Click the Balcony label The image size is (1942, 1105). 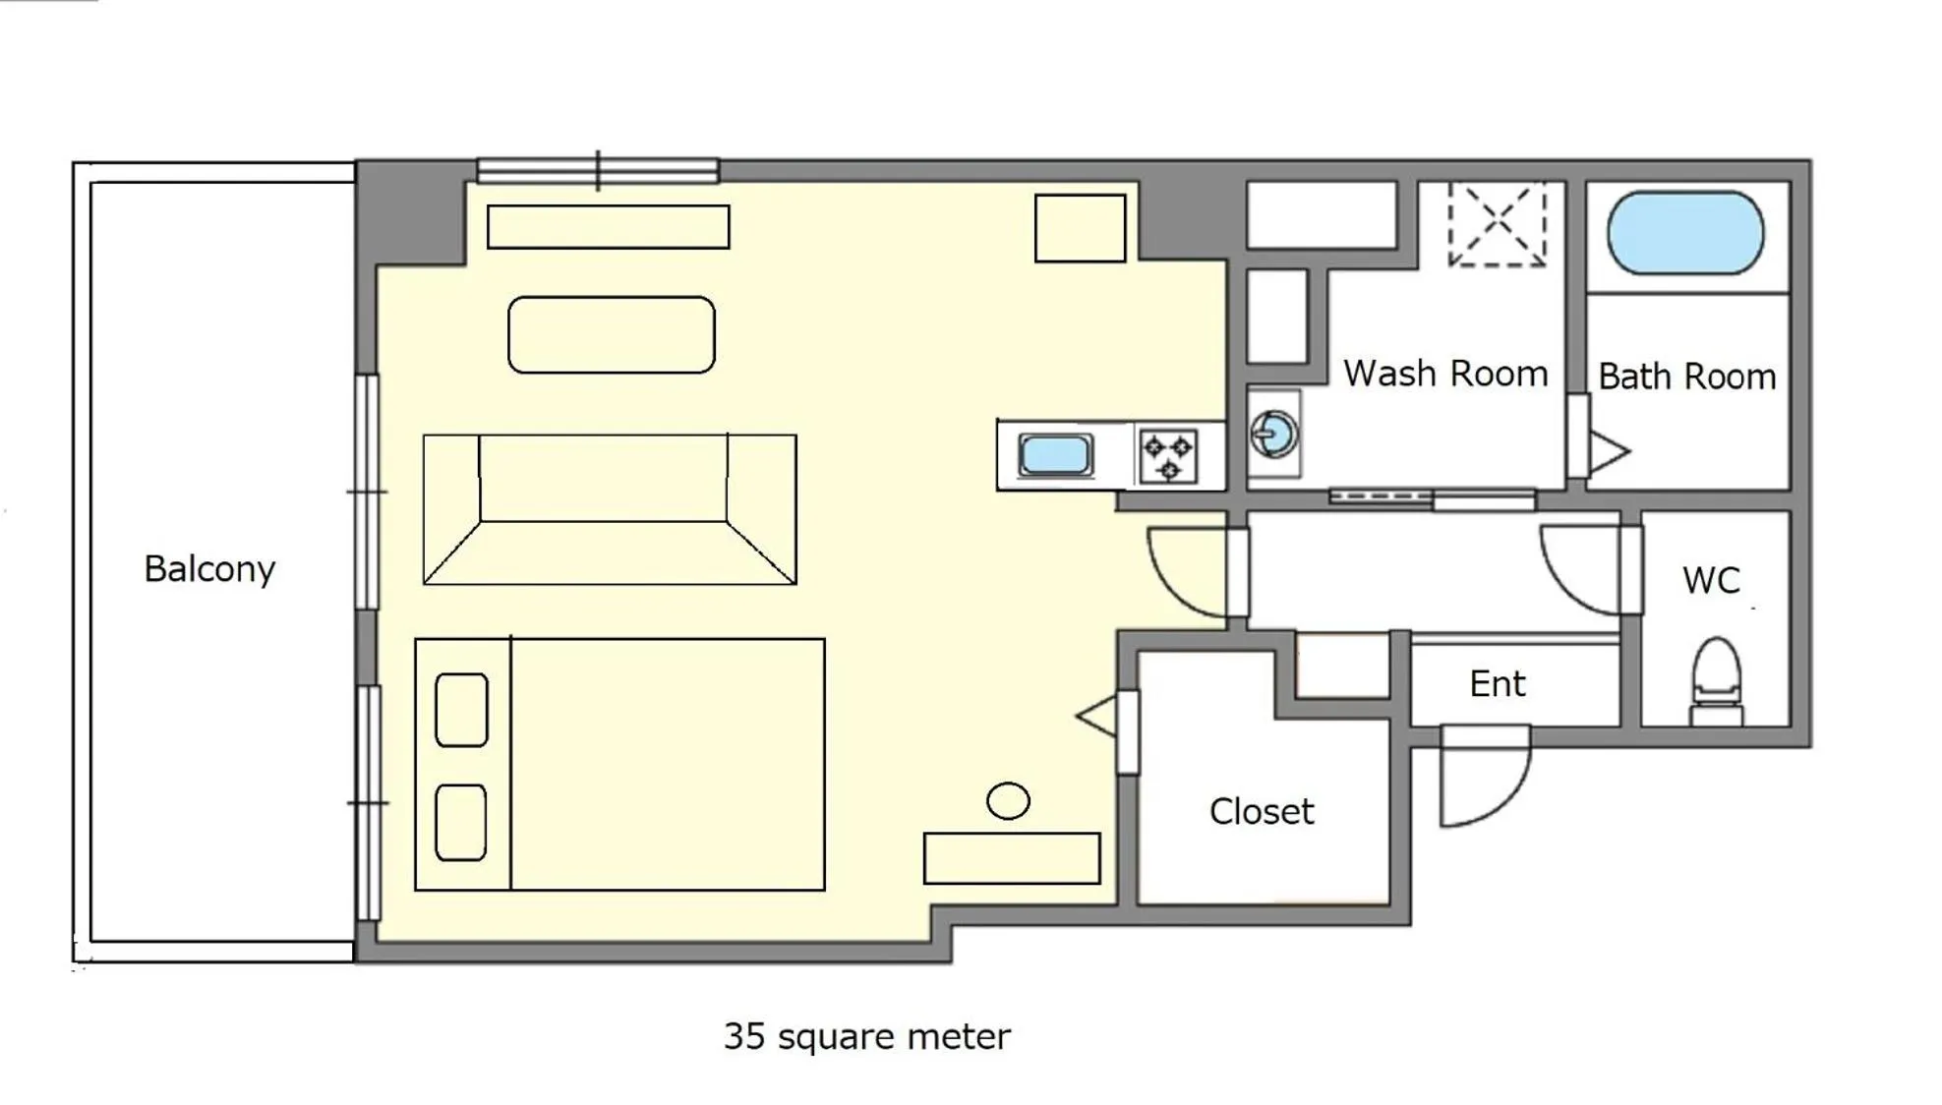pyautogui.click(x=209, y=569)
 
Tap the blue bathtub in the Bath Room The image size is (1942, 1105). pyautogui.click(x=1684, y=233)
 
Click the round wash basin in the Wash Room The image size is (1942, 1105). pyautogui.click(x=1273, y=434)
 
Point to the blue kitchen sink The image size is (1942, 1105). pyautogui.click(x=1055, y=456)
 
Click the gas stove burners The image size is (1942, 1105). pyautogui.click(x=1168, y=456)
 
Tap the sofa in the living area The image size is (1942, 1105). pyautogui.click(x=609, y=509)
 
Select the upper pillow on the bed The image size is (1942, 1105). pyautogui.click(x=461, y=710)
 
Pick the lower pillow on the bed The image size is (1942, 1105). pyautogui.click(x=460, y=822)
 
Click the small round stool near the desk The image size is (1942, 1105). pyautogui.click(x=1008, y=800)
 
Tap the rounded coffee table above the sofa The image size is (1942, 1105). pyautogui.click(x=611, y=335)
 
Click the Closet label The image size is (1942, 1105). pyautogui.click(x=1261, y=812)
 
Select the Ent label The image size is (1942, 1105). pyautogui.click(x=1497, y=684)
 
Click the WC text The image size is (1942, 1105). pyautogui.click(x=1711, y=580)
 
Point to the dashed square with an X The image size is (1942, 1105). pyautogui.click(x=1497, y=224)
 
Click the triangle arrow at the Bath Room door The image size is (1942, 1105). pyautogui.click(x=1609, y=452)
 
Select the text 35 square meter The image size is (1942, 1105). pyautogui.click(x=866, y=1036)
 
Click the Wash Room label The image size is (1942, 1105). pyautogui.click(x=1444, y=374)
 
